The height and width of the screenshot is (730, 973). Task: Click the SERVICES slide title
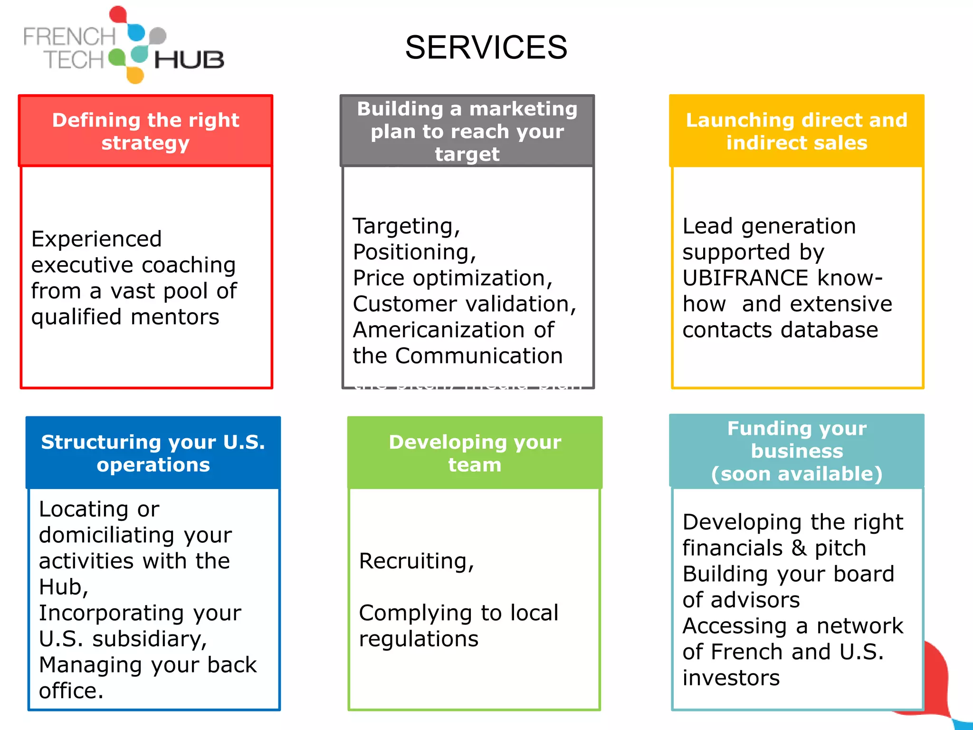[486, 48]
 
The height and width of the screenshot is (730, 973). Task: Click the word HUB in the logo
[189, 60]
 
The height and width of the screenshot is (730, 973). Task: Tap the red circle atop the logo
[118, 14]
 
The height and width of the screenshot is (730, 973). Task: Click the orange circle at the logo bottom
[135, 75]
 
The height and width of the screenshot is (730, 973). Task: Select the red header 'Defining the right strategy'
[145, 131]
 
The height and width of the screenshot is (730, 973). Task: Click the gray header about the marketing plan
[467, 131]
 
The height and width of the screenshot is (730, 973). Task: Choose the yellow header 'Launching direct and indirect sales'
[796, 131]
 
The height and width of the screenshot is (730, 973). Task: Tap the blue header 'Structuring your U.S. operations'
[153, 453]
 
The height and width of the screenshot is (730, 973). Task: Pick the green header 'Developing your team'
[475, 453]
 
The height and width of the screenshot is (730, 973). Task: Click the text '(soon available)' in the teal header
[796, 474]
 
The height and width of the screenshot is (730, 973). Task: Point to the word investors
[731, 678]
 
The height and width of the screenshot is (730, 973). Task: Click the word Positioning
[413, 252]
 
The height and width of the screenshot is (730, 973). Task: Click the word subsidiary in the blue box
[149, 639]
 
